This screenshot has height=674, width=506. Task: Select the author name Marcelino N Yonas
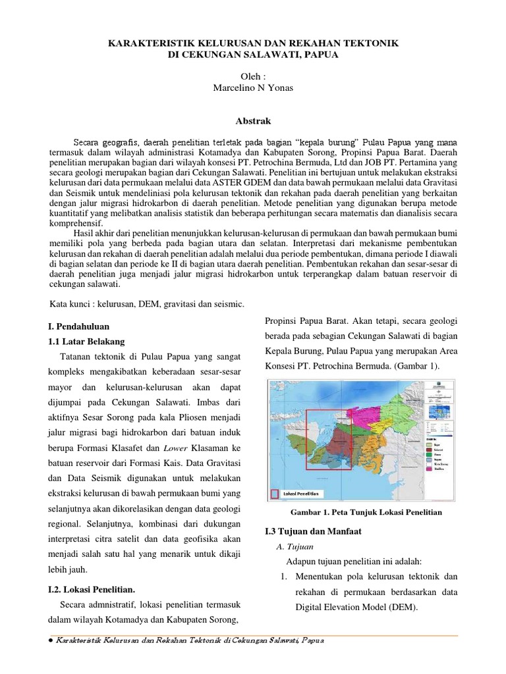(253, 89)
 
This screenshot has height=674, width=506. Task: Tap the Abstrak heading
(253, 121)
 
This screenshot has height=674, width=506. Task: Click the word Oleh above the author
(253, 76)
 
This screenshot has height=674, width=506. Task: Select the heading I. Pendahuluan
(80, 326)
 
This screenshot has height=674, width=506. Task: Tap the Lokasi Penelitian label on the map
(301, 493)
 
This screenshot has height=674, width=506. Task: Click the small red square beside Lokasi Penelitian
(275, 493)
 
